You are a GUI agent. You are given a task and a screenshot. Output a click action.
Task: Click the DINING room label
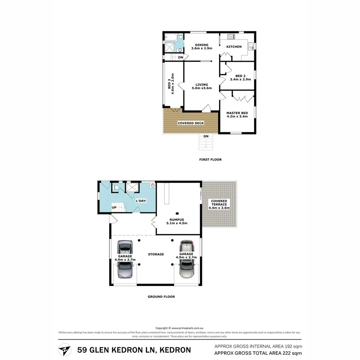[201, 45]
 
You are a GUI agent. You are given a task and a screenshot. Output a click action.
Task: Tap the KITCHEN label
[234, 47]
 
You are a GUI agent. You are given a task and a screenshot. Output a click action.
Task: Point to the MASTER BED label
[237, 113]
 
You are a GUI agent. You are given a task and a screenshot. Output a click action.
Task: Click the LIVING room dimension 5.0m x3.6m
[201, 88]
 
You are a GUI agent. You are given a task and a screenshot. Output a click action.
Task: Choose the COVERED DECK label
[190, 123]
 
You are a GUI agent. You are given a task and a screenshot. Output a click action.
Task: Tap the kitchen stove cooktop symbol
[231, 37]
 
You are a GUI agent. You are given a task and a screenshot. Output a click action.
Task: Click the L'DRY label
[140, 201]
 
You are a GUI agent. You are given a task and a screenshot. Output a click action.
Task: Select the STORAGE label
[156, 254]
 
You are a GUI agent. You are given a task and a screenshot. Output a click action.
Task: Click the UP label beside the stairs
[114, 207]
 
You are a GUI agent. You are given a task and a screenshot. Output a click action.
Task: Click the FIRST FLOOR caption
[211, 160]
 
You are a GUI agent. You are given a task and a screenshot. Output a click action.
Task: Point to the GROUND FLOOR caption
[161, 297]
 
